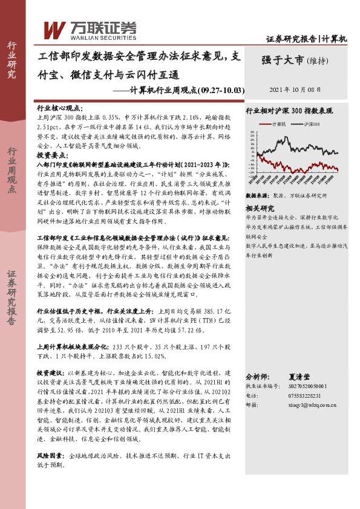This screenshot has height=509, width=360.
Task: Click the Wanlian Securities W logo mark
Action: click(x=54, y=28)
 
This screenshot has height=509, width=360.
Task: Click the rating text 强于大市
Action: click(x=283, y=60)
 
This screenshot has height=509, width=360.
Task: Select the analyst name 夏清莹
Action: click(x=312, y=375)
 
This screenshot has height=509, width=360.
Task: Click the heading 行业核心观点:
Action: click(x=61, y=106)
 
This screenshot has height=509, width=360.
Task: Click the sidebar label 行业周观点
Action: click(x=11, y=171)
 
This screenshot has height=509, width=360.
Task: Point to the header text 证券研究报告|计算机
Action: click(x=307, y=39)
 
